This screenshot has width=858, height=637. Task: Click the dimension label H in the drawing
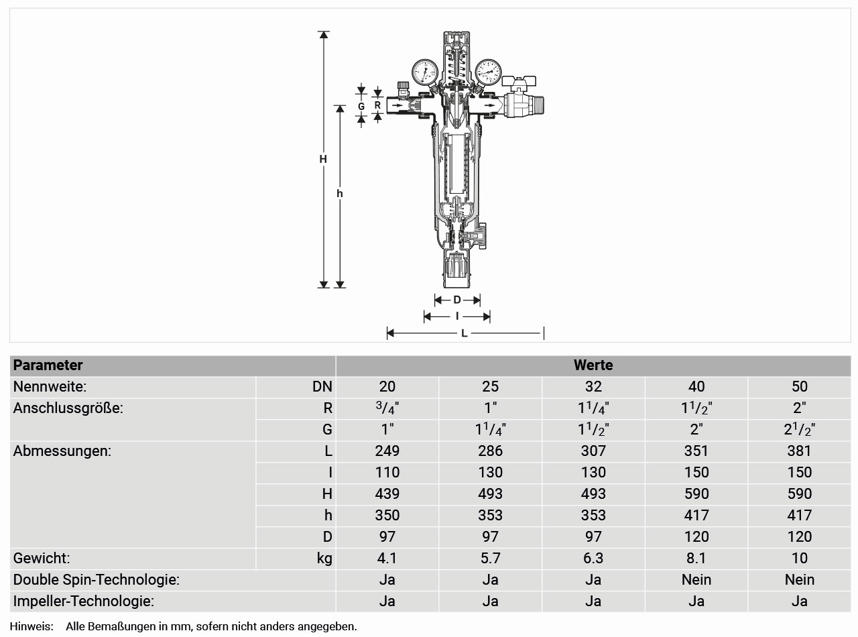tap(323, 159)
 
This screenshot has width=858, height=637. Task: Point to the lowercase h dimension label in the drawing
tap(340, 193)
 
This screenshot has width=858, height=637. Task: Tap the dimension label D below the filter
tap(457, 300)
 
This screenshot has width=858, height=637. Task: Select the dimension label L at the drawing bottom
tap(465, 333)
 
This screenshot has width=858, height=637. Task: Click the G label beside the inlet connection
tap(361, 106)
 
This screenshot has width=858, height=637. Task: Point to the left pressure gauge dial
tap(425, 72)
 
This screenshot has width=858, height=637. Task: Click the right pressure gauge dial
tap(488, 72)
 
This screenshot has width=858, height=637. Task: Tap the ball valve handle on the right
tap(519, 81)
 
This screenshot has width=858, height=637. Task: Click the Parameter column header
tap(48, 365)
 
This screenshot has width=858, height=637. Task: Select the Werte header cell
tap(593, 365)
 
